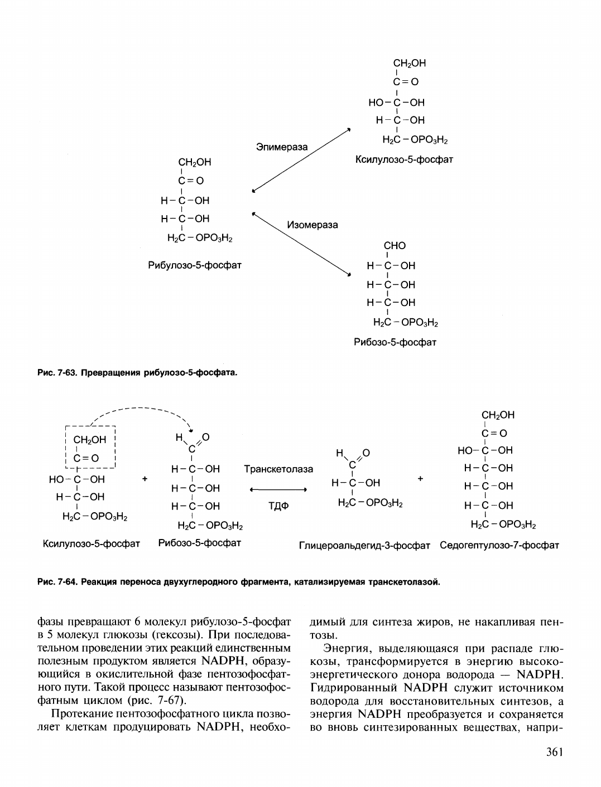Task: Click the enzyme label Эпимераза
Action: [x=281, y=147]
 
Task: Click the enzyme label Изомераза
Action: [x=312, y=225]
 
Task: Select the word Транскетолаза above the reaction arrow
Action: [x=278, y=469]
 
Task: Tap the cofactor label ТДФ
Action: [x=278, y=507]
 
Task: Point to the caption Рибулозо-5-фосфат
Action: [x=194, y=265]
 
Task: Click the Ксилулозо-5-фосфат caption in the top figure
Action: [x=404, y=160]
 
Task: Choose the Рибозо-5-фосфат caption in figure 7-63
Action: [x=395, y=342]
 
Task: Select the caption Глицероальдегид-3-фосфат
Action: [x=364, y=546]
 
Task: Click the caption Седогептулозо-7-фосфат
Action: [x=499, y=546]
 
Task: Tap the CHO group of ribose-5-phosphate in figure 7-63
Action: [x=395, y=246]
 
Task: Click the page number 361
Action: [x=554, y=752]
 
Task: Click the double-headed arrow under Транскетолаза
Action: [x=278, y=490]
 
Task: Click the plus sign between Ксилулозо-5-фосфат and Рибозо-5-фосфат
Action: [x=145, y=478]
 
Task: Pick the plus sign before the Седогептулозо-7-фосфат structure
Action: [x=420, y=478]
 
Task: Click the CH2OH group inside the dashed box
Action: [x=89, y=440]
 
